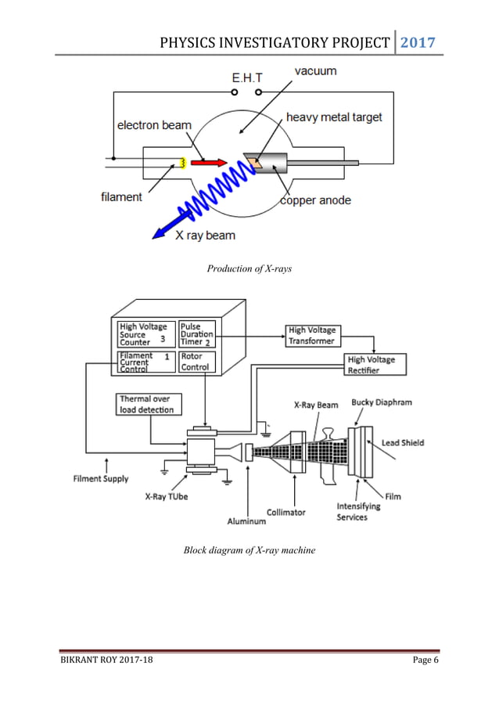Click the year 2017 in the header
pyautogui.click(x=418, y=41)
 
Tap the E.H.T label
pyautogui.click(x=248, y=78)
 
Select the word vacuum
pyautogui.click(x=315, y=71)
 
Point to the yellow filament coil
pyautogui.click(x=182, y=163)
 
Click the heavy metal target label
pyautogui.click(x=334, y=117)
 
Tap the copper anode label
pyautogui.click(x=315, y=200)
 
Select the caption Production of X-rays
pyautogui.click(x=249, y=269)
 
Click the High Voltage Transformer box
pyautogui.click(x=311, y=335)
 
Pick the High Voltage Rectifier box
pyautogui.click(x=372, y=365)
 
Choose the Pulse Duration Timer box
pyautogui.click(x=196, y=334)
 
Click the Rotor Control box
pyautogui.click(x=195, y=361)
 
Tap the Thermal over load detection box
pyautogui.click(x=148, y=404)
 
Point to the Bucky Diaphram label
pyautogui.click(x=381, y=402)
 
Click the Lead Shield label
pyautogui.click(x=402, y=443)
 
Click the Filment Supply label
pyautogui.click(x=101, y=478)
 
